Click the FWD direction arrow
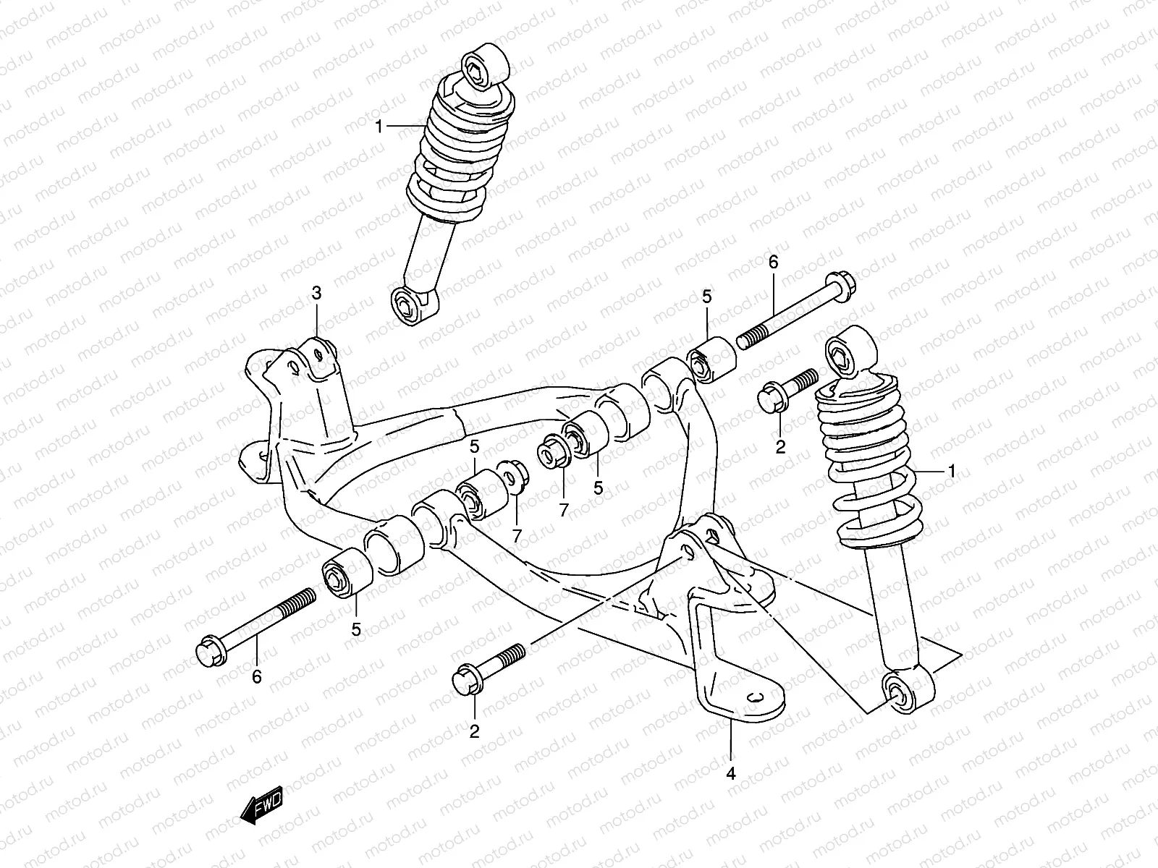pyautogui.click(x=261, y=804)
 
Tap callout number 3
pyautogui.click(x=316, y=293)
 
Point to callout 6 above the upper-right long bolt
pyautogui.click(x=773, y=262)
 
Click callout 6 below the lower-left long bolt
pyautogui.click(x=256, y=677)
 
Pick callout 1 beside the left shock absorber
pyautogui.click(x=379, y=126)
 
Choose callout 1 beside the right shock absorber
pyautogui.click(x=952, y=471)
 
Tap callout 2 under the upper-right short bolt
pyautogui.click(x=780, y=447)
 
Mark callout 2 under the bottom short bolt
pyautogui.click(x=474, y=731)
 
